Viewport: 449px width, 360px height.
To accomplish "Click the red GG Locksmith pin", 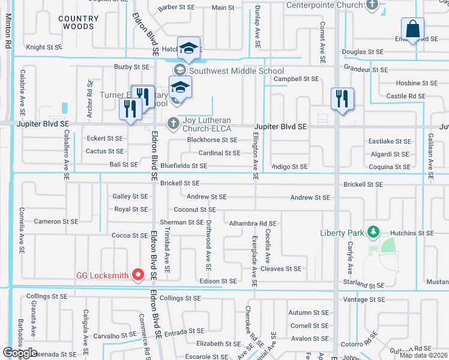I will [138, 275].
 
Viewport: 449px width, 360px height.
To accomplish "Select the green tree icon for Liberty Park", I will [373, 232].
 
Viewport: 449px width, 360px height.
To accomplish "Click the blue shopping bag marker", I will [412, 29].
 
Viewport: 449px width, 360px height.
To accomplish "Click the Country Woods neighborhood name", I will [79, 23].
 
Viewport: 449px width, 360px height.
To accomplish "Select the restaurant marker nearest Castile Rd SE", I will [342, 98].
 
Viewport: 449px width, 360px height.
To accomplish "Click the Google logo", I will [20, 353].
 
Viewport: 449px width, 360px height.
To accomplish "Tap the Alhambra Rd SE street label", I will [253, 223].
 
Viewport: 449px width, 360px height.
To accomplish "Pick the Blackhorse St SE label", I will [212, 140].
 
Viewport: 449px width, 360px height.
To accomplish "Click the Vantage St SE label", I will [364, 299].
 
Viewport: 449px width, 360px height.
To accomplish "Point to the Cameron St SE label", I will [56, 221].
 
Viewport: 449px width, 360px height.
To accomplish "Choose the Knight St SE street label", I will [44, 47].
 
